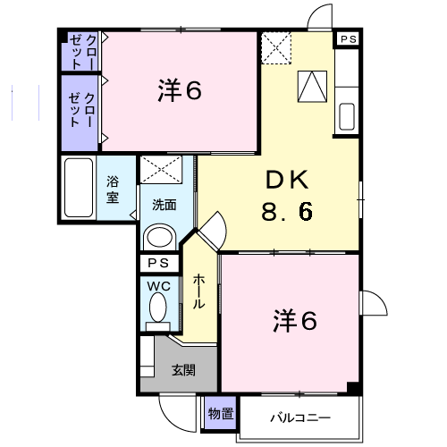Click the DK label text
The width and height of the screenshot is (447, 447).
(285, 181)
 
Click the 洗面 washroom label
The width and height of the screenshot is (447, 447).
(164, 204)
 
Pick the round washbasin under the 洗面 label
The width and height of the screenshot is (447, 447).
(160, 237)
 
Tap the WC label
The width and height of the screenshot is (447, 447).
(157, 286)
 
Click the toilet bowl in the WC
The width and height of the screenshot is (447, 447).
(158, 309)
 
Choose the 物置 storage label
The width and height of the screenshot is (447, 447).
(221, 413)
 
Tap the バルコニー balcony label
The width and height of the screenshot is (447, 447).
(299, 417)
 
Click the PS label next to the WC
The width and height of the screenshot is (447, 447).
(157, 263)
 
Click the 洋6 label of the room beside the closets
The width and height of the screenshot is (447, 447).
(179, 90)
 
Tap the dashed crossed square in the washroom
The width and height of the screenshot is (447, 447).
(162, 171)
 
